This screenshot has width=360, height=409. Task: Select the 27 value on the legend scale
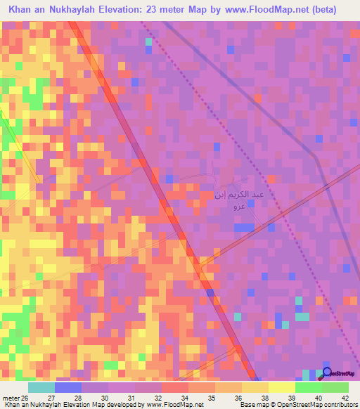(68, 398)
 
